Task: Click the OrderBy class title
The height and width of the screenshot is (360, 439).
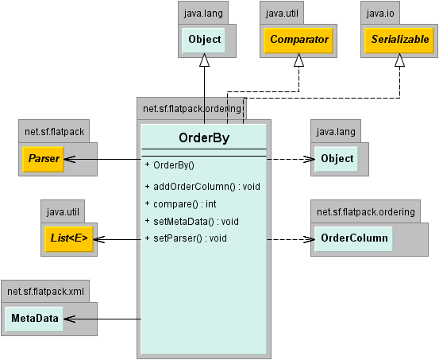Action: pyautogui.click(x=204, y=138)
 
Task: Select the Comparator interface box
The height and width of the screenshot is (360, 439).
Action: pyautogui.click(x=298, y=40)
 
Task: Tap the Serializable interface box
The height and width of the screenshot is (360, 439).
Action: pyautogui.click(x=399, y=40)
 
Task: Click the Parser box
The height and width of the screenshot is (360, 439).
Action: pyautogui.click(x=44, y=159)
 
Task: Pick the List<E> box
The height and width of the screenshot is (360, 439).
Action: pyautogui.click(x=69, y=239)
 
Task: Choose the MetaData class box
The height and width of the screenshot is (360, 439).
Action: pyautogui.click(x=34, y=319)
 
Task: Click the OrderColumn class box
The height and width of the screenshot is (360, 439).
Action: pyautogui.click(x=354, y=239)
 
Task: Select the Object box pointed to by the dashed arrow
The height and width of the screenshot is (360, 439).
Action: pyautogui.click(x=337, y=159)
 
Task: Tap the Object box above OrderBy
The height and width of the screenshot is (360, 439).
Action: pyautogui.click(x=204, y=40)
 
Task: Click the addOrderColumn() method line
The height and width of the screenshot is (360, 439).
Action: pyautogui.click(x=202, y=187)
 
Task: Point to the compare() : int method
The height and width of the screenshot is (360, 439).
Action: pyautogui.click(x=180, y=204)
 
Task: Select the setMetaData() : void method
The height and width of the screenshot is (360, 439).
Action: pyautogui.click(x=192, y=222)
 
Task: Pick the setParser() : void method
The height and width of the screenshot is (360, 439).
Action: pyautogui.click(x=186, y=238)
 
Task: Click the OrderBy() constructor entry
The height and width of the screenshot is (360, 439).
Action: pyautogui.click(x=170, y=165)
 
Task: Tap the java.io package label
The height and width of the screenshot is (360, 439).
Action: pyautogui.click(x=380, y=14)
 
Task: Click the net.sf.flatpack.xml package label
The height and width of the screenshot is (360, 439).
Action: pyautogui.click(x=45, y=292)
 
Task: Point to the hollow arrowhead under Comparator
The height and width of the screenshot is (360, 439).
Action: pyautogui.click(x=299, y=60)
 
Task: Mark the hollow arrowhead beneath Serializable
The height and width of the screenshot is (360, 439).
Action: pyautogui.click(x=399, y=60)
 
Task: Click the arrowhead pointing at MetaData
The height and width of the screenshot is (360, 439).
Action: pyautogui.click(x=70, y=319)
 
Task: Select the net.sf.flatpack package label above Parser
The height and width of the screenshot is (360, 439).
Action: pyautogui.click(x=54, y=132)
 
